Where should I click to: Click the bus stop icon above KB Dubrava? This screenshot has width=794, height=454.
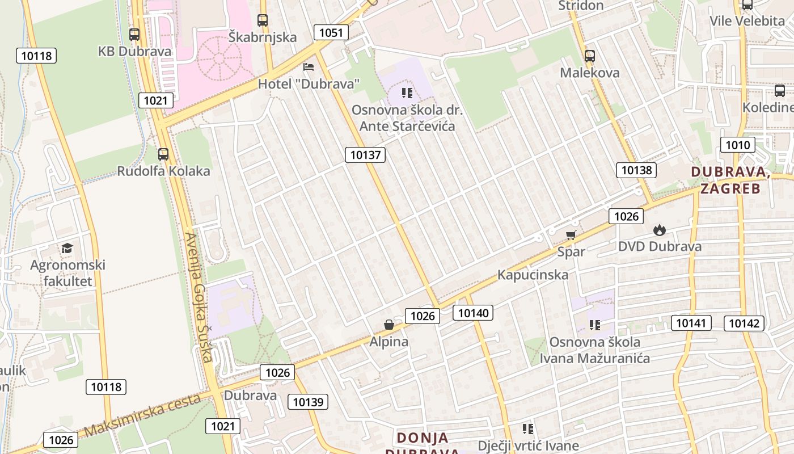coord(134,35)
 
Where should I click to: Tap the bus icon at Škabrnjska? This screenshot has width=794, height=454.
coord(263,20)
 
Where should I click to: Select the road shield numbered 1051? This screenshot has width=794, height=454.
coord(331,32)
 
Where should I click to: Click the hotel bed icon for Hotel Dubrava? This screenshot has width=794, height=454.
coord(309,67)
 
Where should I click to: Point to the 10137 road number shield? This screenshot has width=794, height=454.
coord(365,154)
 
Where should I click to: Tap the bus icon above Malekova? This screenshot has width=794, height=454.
coord(590,56)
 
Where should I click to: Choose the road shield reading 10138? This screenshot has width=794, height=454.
coord(636,170)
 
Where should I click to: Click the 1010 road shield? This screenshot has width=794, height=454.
coord(737,145)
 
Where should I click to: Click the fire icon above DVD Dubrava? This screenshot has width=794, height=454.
coord(659,230)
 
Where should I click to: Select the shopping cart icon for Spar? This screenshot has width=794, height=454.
coord(571,235)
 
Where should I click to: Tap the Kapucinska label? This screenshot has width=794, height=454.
coord(533,275)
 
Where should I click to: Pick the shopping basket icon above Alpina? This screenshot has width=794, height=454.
coord(389,325)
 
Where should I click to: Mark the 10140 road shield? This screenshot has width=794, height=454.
coord(473,312)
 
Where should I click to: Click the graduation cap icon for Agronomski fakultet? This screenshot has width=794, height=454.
coord(67,249)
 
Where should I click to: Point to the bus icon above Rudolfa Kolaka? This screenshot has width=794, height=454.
coord(163,154)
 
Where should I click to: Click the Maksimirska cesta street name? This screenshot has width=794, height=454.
coord(142,416)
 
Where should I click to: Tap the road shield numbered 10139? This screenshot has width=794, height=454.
coord(308,402)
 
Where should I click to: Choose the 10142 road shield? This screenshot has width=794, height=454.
coord(744,323)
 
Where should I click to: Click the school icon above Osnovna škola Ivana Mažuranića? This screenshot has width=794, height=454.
coord(594,325)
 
